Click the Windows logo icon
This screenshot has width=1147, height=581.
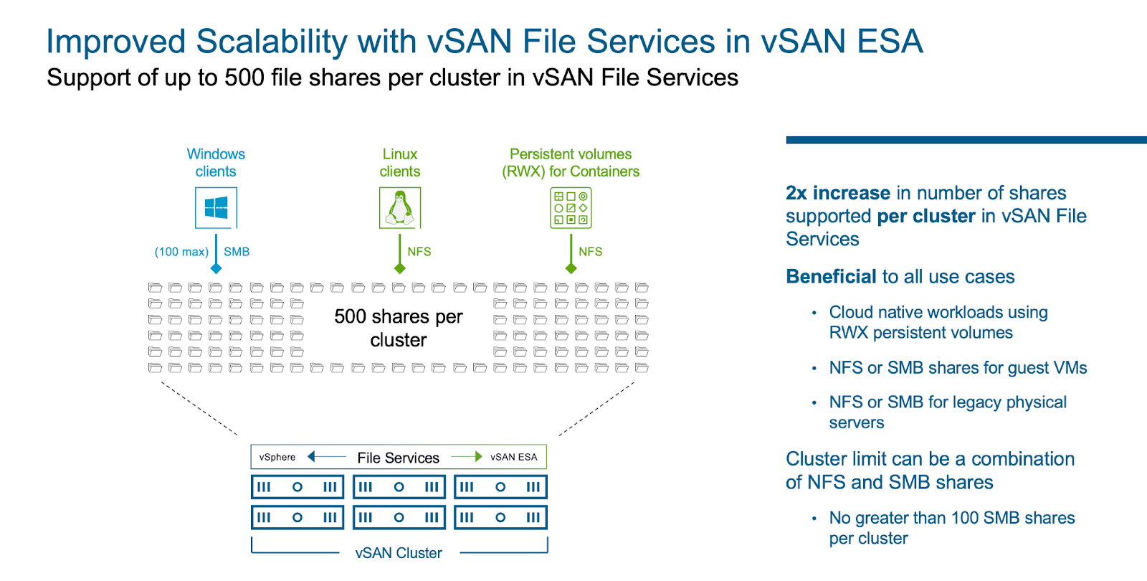216,208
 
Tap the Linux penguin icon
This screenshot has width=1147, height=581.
399,208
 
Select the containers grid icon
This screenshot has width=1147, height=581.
571,208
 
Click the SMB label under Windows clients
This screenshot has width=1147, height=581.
237,252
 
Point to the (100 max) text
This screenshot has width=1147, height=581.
181,252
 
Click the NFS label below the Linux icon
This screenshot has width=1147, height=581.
419,252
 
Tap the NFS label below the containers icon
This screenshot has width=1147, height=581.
590,252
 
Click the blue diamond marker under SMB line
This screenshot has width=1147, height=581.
216,268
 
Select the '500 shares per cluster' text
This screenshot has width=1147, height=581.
399,328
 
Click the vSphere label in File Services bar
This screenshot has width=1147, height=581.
277,457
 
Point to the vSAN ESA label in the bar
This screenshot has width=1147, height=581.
513,457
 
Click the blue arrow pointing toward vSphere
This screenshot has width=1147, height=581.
326,457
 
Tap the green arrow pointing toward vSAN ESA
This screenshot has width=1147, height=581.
467,457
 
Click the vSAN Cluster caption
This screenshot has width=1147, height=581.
399,553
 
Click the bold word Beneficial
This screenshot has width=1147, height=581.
831,277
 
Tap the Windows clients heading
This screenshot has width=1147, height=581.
216,163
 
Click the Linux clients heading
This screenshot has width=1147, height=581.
399,163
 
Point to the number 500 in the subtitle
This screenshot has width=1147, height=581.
244,77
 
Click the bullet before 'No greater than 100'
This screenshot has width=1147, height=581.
814,519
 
